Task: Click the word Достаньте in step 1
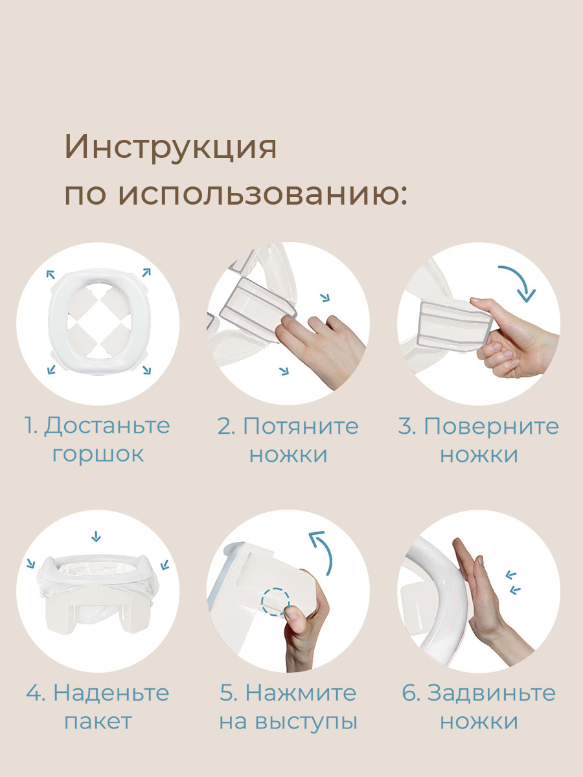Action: pyautogui.click(x=108, y=426)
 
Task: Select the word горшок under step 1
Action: pyautogui.click(x=98, y=454)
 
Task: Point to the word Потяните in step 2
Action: pyautogui.click(x=301, y=426)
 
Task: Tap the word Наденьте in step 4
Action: pyautogui.click(x=111, y=693)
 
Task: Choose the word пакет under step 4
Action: pyautogui.click(x=98, y=721)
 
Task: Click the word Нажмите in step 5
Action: pyautogui.click(x=301, y=693)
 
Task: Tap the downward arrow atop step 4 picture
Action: pyautogui.click(x=97, y=536)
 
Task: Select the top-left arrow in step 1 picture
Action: pyautogui.click(x=50, y=275)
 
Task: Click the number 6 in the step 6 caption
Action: pyautogui.click(x=410, y=693)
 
